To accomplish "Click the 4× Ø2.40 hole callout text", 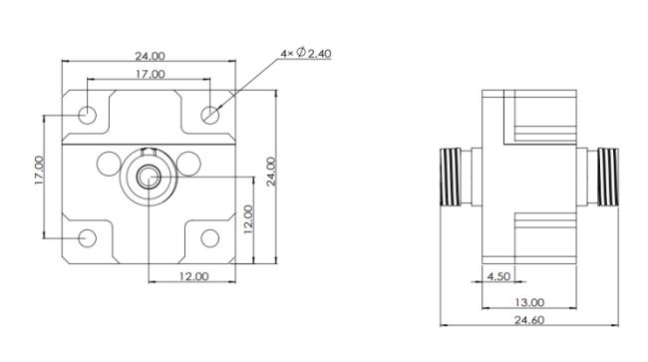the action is (306, 53).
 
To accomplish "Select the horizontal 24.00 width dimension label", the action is (150, 56).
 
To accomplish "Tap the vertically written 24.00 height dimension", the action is (271, 172).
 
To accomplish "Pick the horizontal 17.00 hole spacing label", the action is (151, 75).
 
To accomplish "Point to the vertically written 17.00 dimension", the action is (39, 170).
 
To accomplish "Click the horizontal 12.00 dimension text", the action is (193, 276).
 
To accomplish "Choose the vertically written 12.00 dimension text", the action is (248, 219).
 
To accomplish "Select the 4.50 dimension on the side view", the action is (498, 276).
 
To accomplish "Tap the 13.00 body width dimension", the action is (529, 302).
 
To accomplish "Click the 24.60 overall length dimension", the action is (529, 320).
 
